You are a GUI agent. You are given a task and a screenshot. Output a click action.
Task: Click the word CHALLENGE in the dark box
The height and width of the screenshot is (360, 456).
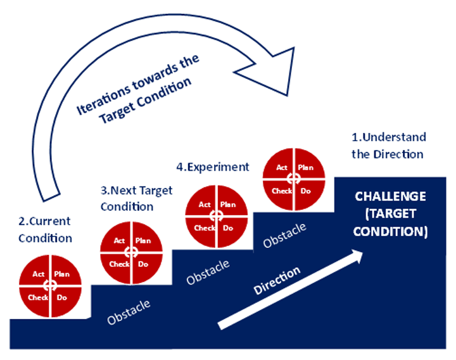click(x=389, y=197)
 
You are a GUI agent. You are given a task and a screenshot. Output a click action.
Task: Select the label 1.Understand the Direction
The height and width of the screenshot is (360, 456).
click(x=388, y=146)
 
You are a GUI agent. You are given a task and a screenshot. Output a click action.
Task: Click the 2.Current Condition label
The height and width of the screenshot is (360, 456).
click(x=44, y=230)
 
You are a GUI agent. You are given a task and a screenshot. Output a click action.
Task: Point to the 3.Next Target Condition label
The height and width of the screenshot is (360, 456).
click(x=136, y=198)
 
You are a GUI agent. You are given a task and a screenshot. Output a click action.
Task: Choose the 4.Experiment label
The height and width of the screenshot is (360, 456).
click(x=212, y=167)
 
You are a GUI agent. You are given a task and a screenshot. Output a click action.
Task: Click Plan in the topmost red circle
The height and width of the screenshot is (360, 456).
click(x=306, y=168)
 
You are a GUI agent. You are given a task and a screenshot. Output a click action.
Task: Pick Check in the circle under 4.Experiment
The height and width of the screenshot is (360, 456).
click(x=205, y=228)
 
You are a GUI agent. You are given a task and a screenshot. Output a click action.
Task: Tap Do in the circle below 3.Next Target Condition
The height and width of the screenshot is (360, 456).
click(x=143, y=264)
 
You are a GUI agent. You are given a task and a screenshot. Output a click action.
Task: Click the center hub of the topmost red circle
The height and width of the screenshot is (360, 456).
click(x=294, y=179)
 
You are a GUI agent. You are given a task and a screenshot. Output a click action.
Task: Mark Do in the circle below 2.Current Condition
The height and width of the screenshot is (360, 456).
click(x=61, y=296)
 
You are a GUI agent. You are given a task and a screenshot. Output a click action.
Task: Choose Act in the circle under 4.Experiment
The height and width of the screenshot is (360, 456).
click(x=205, y=204)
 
